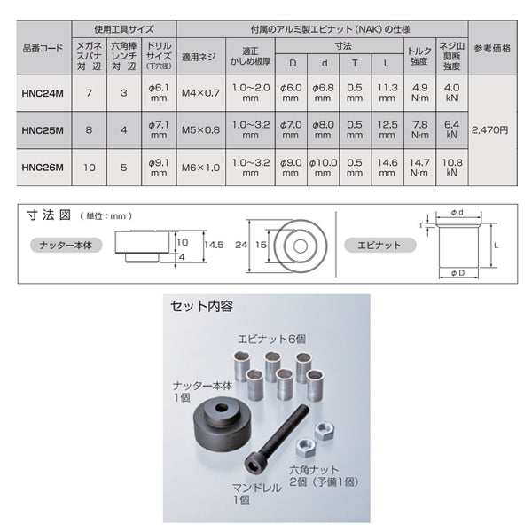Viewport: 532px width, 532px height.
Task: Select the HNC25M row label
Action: (x=43, y=130)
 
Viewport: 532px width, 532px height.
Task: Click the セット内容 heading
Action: (x=202, y=307)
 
